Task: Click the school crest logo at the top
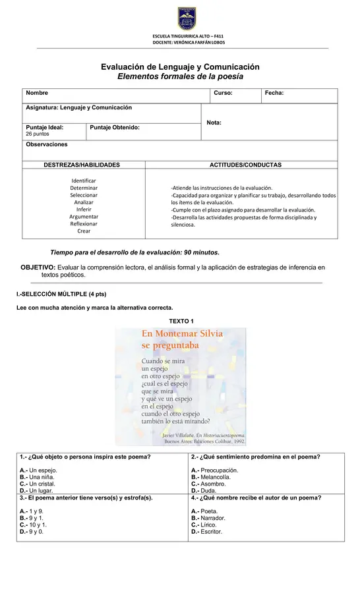point(187,18)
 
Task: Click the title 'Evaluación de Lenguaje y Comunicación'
point(180,67)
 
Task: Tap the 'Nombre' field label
point(36,94)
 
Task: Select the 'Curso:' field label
point(223,94)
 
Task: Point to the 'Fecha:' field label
point(274,94)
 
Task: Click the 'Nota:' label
point(214,123)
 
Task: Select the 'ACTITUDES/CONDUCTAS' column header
point(245,164)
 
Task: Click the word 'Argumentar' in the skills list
point(84,217)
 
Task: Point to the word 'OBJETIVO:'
point(38,267)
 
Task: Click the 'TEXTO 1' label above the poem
point(181,321)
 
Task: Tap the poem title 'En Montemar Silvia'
point(182,333)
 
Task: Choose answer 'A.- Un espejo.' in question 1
point(38,470)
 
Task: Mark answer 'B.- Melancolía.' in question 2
point(214,477)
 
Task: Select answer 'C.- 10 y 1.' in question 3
point(33,524)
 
